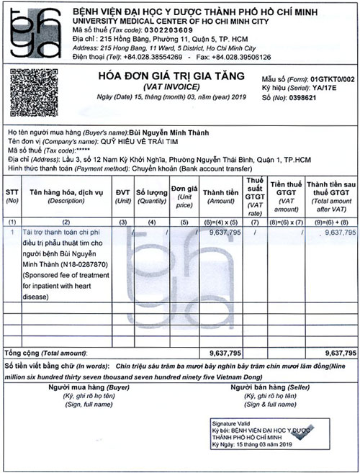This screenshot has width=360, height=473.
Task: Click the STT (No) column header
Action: pyautogui.click(x=12, y=196)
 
